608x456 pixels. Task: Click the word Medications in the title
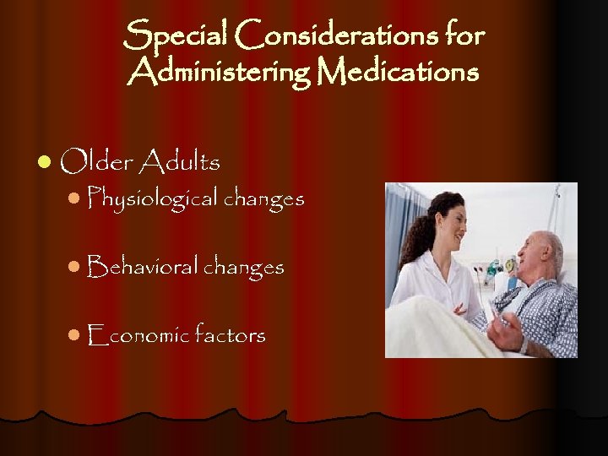pos(397,73)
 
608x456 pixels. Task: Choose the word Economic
pos(138,335)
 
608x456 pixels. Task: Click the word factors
pos(230,335)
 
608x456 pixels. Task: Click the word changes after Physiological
pos(263,200)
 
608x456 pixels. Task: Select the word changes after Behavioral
pos(243,268)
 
